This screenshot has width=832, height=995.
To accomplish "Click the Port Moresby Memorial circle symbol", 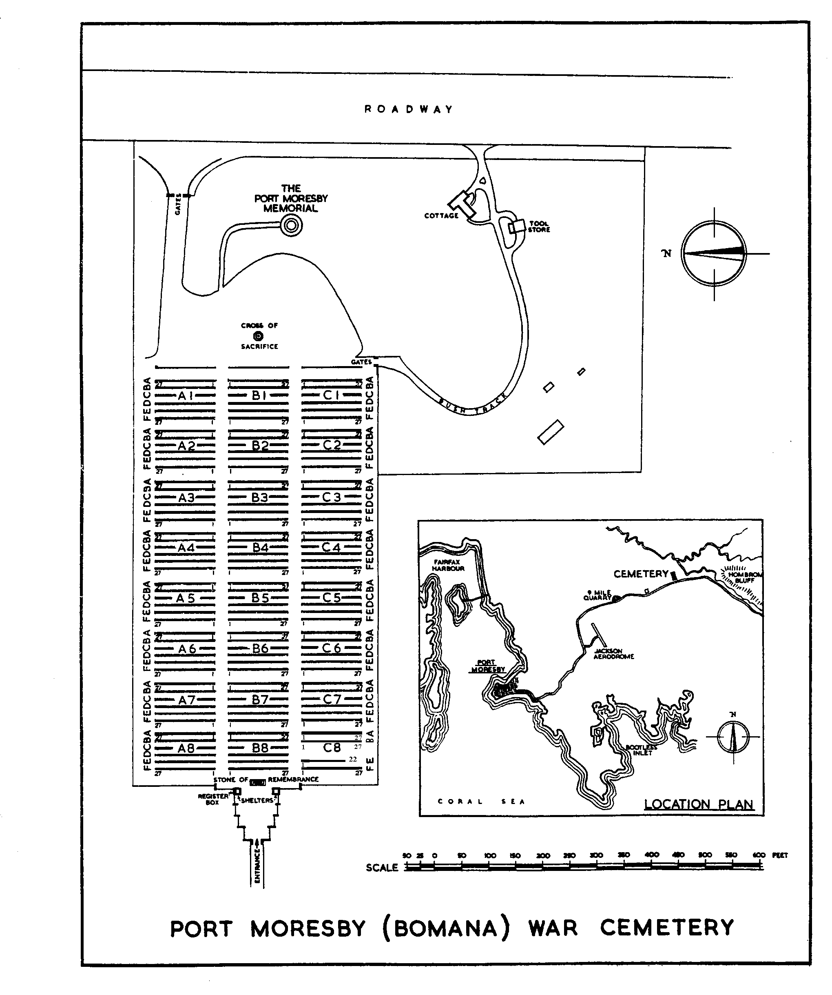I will pyautogui.click(x=291, y=226).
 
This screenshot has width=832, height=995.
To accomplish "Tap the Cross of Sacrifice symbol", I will pyautogui.click(x=258, y=336).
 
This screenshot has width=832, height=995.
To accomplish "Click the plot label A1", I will pyautogui.click(x=186, y=395).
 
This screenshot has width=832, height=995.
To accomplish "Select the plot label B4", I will pyautogui.click(x=260, y=548).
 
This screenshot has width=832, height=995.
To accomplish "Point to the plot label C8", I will pyautogui.click(x=332, y=748).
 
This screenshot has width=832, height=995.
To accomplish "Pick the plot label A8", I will pyautogui.click(x=186, y=748).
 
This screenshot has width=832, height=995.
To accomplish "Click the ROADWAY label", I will pyautogui.click(x=409, y=109).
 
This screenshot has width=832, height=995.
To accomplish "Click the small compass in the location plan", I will pyautogui.click(x=733, y=737).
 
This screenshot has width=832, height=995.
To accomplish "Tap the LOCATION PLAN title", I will pyautogui.click(x=699, y=804).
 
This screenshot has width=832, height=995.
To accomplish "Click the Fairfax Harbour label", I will pyautogui.click(x=447, y=565).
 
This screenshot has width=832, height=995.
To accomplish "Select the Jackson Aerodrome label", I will pyautogui.click(x=613, y=654).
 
